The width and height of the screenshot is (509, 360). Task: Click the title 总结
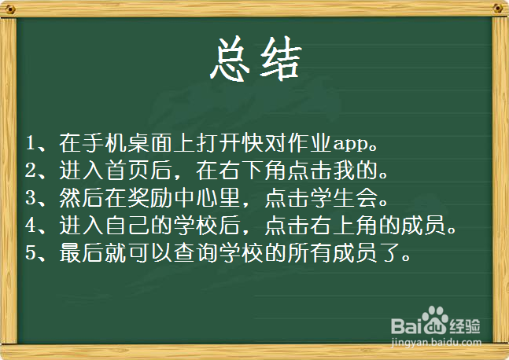255,58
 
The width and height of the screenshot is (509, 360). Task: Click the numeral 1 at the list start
31,144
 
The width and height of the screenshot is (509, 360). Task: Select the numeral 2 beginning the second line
31,171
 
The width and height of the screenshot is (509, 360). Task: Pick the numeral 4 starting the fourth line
31,225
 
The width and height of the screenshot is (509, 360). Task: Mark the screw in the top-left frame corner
10,9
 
